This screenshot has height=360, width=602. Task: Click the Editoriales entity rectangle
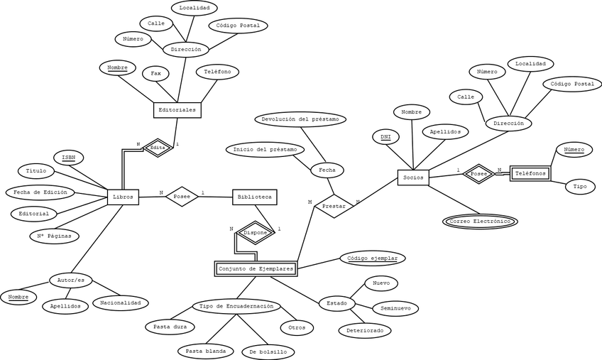[175, 110]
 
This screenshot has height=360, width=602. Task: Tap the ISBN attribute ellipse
[69, 157]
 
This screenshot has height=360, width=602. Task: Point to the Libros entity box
[123, 196]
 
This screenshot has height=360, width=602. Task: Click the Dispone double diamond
[255, 233]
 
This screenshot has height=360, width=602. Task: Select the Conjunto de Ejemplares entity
[255, 268]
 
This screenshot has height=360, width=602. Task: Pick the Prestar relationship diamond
[334, 206]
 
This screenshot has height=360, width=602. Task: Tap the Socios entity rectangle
[412, 177]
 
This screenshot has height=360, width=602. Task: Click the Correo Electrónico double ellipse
[481, 222]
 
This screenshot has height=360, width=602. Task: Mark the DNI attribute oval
[385, 136]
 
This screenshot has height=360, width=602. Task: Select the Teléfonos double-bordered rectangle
[530, 173]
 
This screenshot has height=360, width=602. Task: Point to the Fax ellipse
[156, 73]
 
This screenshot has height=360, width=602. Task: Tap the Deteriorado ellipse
[364, 330]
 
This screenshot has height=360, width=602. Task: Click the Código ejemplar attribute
[373, 258]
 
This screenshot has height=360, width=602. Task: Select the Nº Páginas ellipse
[54, 236]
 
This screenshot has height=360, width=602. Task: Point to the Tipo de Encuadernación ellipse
[236, 307]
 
